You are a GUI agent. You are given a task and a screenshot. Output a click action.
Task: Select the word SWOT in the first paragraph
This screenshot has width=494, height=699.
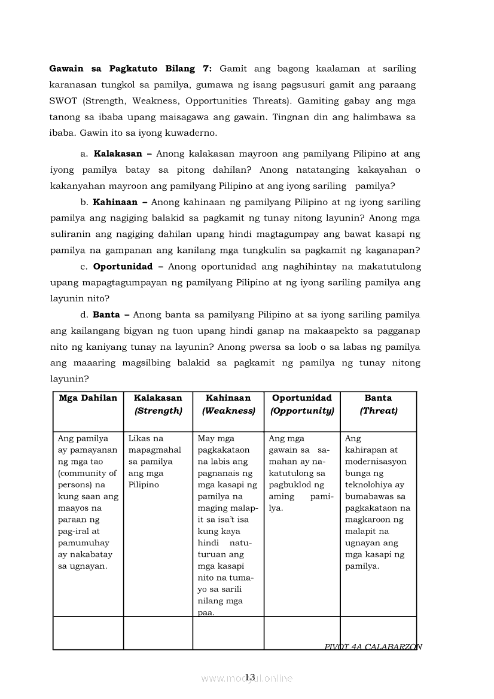coord(63,100)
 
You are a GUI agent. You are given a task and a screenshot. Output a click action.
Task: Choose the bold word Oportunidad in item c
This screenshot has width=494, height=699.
coord(123,266)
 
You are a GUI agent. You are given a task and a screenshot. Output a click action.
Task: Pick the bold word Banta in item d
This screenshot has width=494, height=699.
coord(106,315)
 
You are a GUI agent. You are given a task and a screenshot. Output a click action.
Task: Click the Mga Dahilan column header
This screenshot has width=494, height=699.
coord(88,398)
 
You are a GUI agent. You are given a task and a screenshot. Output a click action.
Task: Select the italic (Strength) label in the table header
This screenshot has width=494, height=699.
coord(158,411)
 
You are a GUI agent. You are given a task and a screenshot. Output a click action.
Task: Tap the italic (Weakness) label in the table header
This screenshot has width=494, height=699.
coord(228,411)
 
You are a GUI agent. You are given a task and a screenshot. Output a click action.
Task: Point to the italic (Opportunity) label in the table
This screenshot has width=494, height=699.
coord(302,411)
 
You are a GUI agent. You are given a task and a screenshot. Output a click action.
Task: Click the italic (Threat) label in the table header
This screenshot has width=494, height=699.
coord(378,411)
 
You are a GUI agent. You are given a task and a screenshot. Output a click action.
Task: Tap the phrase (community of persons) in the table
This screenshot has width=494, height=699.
coord(87,479)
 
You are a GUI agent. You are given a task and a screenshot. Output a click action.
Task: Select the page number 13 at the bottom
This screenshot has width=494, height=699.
coord(250,677)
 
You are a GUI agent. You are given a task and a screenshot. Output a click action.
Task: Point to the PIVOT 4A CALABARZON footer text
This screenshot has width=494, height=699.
coord(373,647)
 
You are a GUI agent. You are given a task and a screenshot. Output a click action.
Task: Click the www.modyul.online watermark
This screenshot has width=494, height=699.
coord(247,679)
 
